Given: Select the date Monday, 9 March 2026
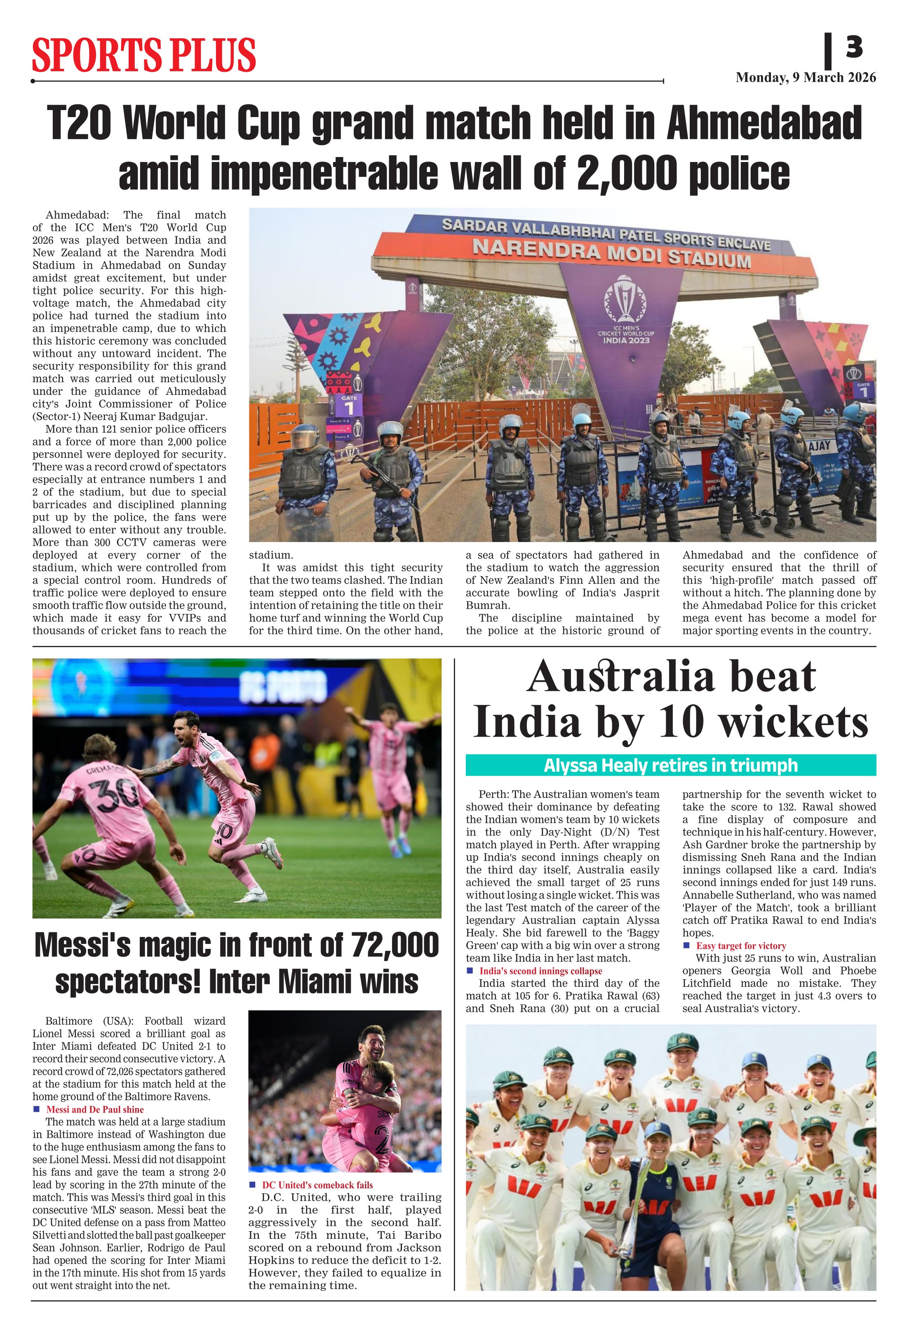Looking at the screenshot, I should click(806, 77).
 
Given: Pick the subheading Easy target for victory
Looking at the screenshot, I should click(741, 946).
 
